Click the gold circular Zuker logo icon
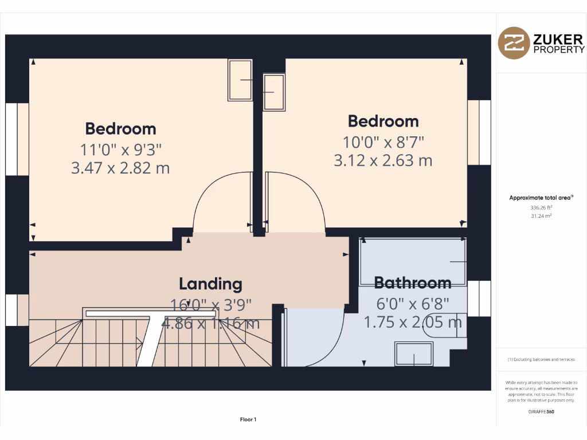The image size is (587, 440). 514,43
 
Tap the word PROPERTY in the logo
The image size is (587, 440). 559,50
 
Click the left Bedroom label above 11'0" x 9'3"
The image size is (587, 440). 120,128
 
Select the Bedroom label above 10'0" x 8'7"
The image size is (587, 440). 383,121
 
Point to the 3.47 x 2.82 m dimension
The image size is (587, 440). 120,168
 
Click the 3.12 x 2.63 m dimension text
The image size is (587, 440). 383,161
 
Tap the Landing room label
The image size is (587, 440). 210,284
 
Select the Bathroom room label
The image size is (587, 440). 413,282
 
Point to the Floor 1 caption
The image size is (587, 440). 248,420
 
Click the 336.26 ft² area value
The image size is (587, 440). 541,208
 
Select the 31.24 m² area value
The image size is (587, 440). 541,216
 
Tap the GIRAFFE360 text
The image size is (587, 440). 541,411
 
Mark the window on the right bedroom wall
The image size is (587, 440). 479,132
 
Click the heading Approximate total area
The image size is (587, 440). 541,198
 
